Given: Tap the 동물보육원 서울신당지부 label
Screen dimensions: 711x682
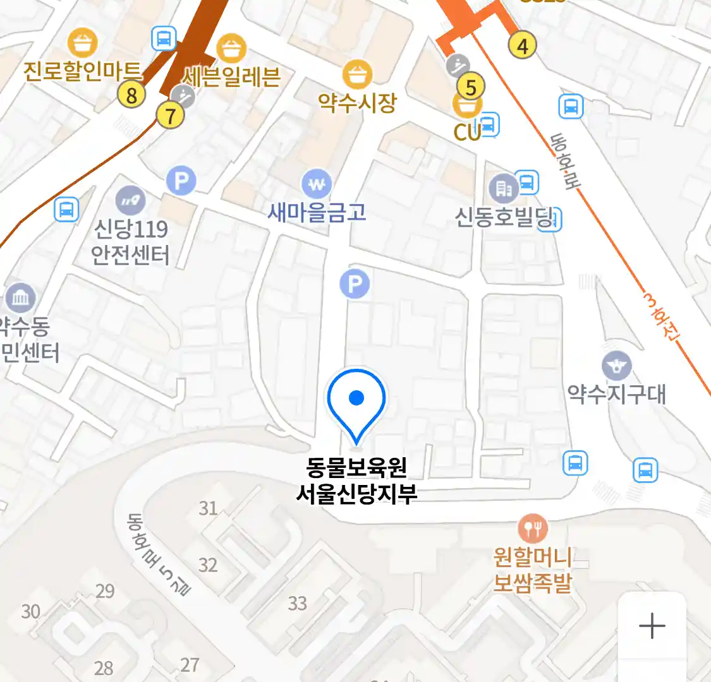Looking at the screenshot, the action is [356, 480].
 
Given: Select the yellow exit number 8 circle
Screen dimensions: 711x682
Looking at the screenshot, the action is [131, 95].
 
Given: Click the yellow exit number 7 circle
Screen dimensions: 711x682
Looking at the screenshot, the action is [170, 116].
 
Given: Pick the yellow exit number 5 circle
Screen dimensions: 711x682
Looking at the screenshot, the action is [470, 87].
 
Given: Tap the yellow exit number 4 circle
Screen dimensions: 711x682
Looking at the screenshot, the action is [522, 45].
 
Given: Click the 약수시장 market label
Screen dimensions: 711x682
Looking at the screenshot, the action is [357, 102].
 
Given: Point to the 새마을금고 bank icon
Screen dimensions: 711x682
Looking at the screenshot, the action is [317, 184].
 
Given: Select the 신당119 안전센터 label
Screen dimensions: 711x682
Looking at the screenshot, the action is [130, 242].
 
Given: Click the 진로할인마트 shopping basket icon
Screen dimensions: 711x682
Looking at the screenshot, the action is [82, 43].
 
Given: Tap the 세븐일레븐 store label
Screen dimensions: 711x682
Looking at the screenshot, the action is [231, 76].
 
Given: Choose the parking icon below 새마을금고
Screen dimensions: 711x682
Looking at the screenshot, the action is [355, 284].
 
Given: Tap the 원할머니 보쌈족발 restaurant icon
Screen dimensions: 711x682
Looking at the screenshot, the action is [532, 528].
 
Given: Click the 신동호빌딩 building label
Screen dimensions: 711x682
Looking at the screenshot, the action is [504, 218].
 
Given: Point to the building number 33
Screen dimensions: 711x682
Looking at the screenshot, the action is [297, 603].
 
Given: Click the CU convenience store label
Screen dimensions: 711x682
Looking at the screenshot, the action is [467, 131].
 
